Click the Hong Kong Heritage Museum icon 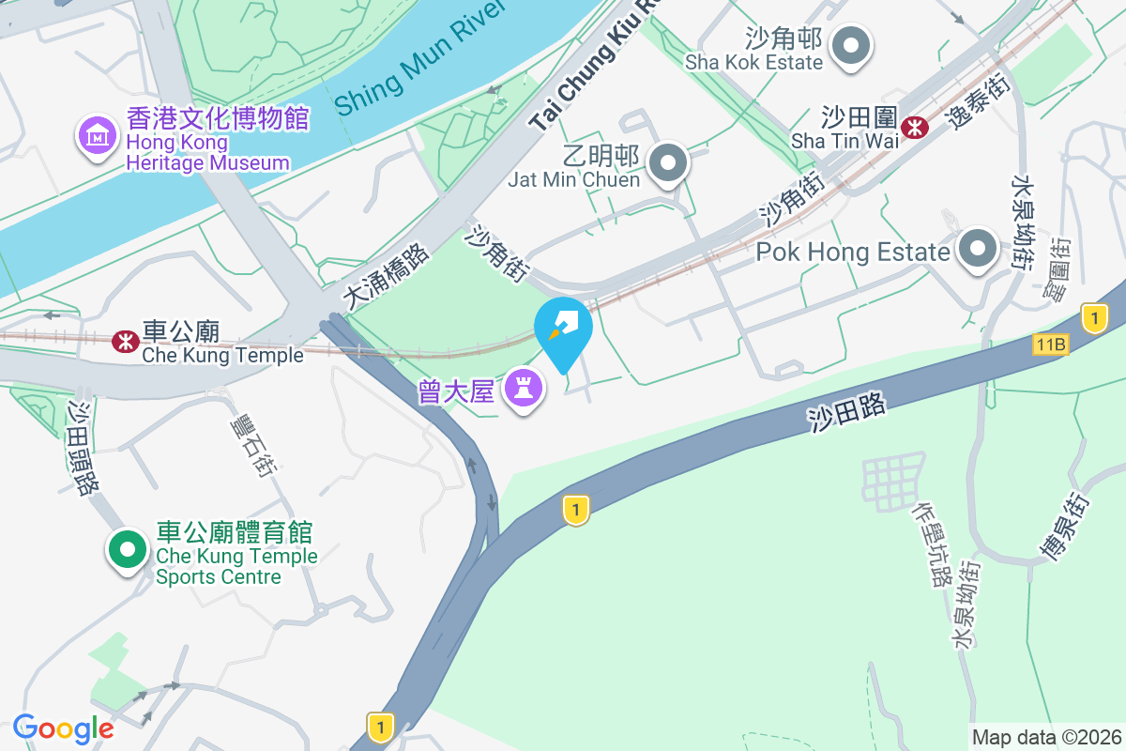[96, 137]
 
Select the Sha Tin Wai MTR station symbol [914, 127]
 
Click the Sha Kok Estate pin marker [853, 44]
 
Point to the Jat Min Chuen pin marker [668, 163]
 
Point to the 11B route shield [1051, 345]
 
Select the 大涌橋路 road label [386, 277]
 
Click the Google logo [63, 728]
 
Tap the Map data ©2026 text [1046, 737]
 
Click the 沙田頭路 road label [84, 449]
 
